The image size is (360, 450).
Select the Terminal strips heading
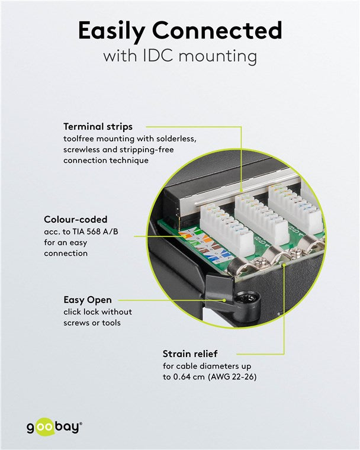pos(98,126)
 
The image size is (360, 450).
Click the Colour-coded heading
pos(76,220)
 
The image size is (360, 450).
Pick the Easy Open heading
pos(87,300)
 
